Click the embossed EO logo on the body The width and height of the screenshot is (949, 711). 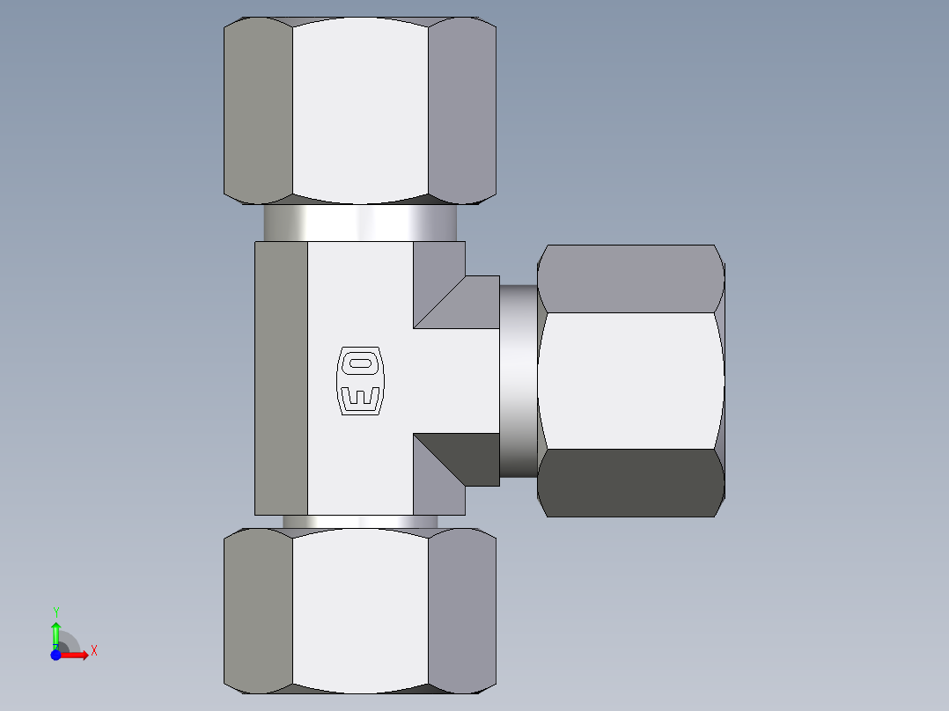point(361,380)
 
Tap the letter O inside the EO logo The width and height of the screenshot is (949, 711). point(361,363)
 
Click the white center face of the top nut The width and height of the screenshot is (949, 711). point(360,110)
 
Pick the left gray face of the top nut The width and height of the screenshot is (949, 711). point(258,110)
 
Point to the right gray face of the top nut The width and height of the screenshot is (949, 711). point(462,110)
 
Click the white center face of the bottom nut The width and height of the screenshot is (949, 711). point(360,612)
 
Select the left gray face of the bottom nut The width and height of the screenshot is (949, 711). point(258,612)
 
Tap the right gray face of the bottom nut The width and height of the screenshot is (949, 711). point(462,612)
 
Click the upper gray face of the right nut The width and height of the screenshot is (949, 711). point(630,279)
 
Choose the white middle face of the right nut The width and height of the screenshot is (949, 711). point(630,380)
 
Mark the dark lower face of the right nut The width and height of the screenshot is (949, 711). point(630,482)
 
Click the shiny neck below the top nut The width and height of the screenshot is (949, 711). point(360,223)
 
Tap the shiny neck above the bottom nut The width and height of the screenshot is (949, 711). point(360,522)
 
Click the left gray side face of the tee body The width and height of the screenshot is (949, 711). point(282,378)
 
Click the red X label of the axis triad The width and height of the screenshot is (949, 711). point(93,651)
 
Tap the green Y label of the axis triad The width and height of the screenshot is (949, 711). point(55,612)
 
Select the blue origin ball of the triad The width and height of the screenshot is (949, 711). point(55,655)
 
